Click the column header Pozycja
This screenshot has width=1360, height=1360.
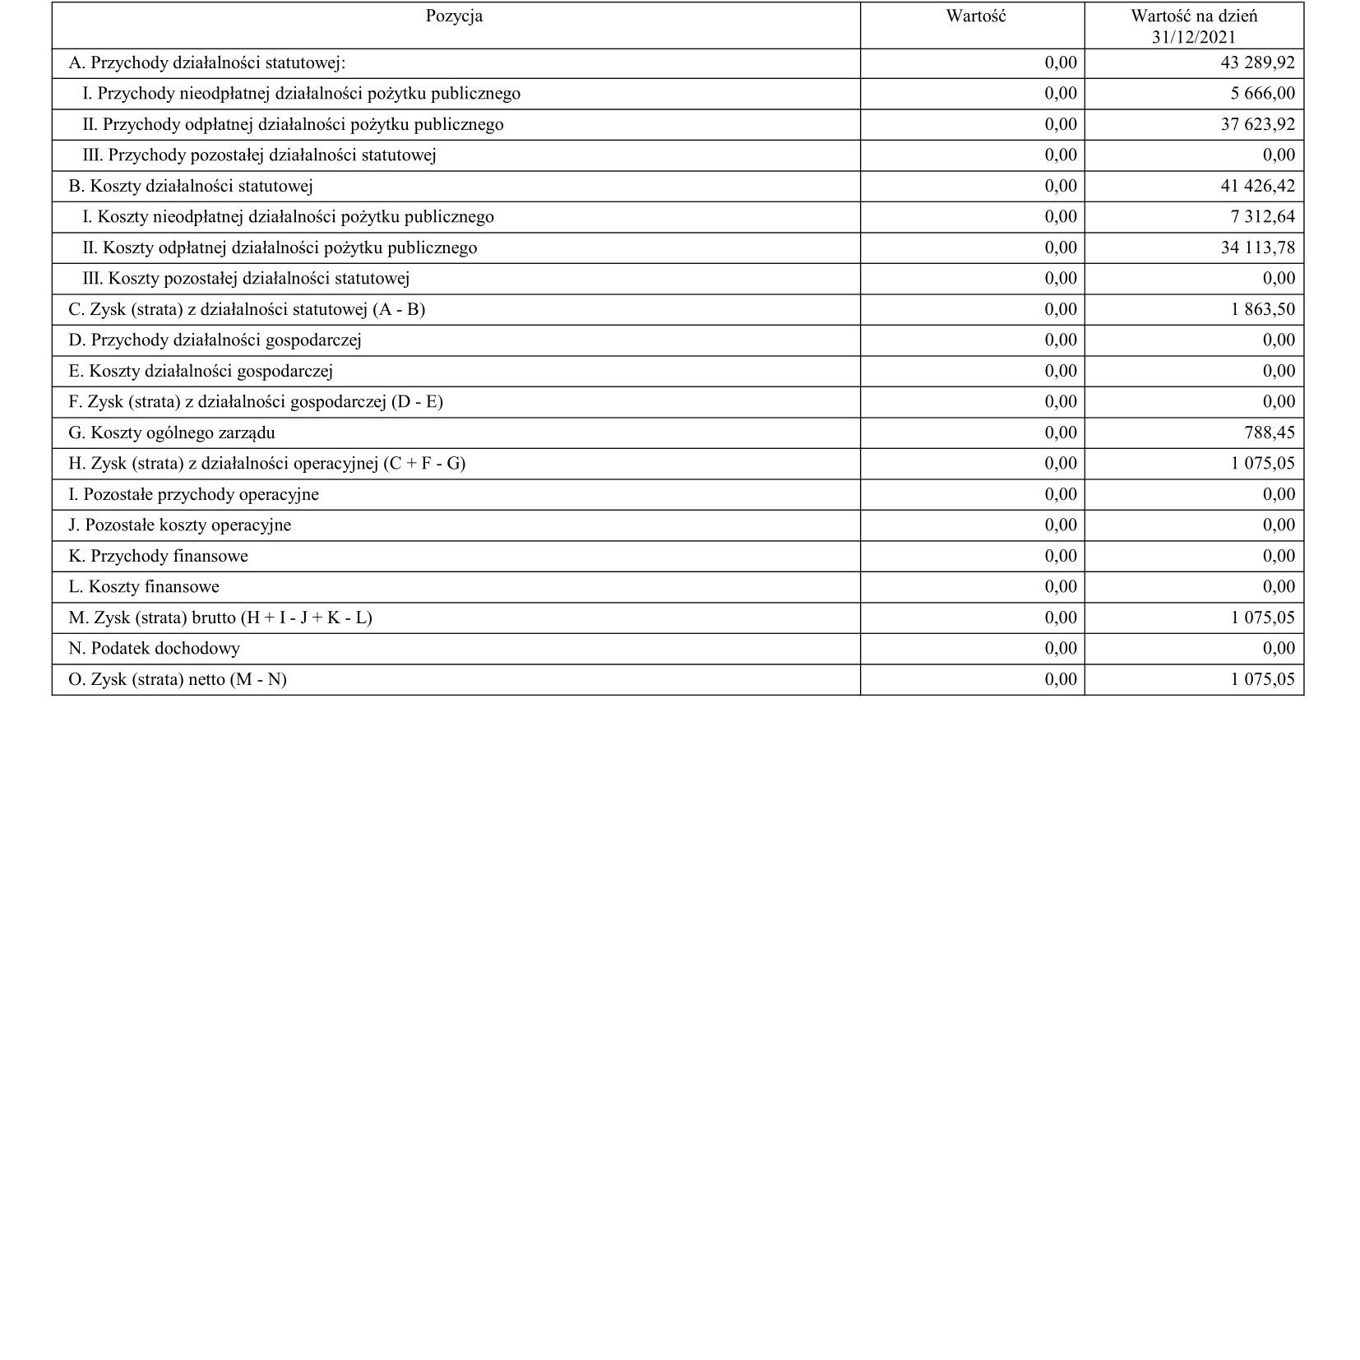[x=454, y=16]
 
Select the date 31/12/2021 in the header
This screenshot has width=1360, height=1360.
[x=1193, y=38]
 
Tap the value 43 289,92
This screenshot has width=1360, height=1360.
[x=1257, y=63]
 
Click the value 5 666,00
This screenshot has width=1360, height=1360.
[x=1262, y=94]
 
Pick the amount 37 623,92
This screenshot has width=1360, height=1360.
[x=1257, y=125]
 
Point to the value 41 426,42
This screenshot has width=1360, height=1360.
[x=1257, y=187]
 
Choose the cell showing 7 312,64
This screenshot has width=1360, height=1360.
[x=1262, y=217]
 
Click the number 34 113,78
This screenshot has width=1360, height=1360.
[x=1257, y=248]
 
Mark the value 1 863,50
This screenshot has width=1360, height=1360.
[x=1262, y=310]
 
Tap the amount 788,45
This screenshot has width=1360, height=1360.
[x=1269, y=433]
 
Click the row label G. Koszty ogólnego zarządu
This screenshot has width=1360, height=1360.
[x=171, y=433]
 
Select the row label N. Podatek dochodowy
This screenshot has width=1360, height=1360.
[x=154, y=649]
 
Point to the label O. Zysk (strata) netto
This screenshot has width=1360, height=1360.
[x=178, y=680]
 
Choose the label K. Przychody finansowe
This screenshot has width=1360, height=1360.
[x=158, y=557]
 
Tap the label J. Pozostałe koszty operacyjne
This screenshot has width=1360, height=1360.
[x=179, y=525]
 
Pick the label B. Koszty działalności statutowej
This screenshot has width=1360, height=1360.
[x=190, y=187]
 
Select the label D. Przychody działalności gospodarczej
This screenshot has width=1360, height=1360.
[x=215, y=340]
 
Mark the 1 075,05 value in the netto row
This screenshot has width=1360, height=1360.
[x=1262, y=680]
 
